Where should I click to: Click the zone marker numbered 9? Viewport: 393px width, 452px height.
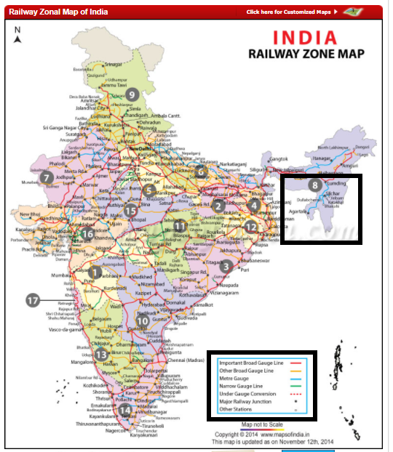click(x=132, y=93)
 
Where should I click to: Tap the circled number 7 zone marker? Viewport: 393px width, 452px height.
click(x=47, y=177)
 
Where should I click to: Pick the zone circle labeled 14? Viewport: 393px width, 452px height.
click(x=125, y=410)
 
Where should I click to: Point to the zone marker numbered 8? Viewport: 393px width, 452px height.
click(x=314, y=185)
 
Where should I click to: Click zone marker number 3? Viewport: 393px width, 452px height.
click(x=226, y=267)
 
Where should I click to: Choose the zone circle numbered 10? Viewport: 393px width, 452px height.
click(x=143, y=320)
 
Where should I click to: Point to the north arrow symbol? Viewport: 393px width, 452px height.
click(x=17, y=34)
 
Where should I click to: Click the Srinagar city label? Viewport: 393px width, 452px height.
click(x=113, y=65)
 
